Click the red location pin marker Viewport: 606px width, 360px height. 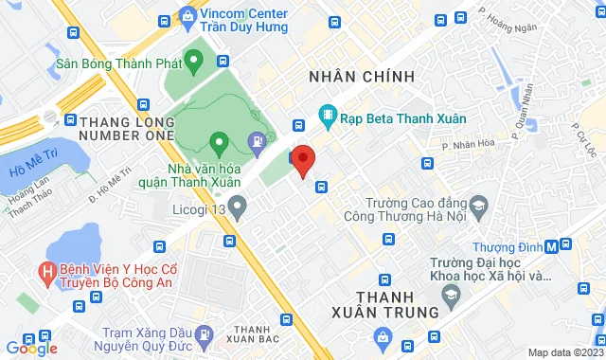pos(302,160)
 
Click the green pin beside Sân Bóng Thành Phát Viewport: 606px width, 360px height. pos(195,64)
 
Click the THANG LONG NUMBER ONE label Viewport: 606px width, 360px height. pos(126,129)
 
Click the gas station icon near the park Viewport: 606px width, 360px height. pos(256,143)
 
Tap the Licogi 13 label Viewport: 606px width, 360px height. pos(198,204)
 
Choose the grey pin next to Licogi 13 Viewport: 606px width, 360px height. pos(238,203)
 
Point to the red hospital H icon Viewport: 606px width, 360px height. pos(45,273)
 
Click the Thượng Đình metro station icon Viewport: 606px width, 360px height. pos(565,246)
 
